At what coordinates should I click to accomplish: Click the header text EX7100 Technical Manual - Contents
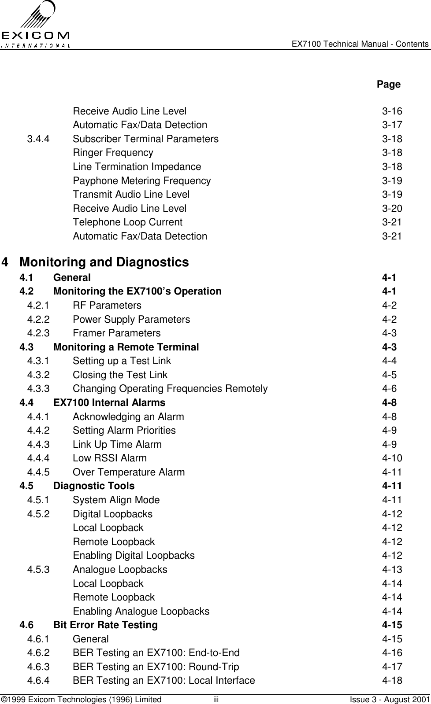(x=360, y=44)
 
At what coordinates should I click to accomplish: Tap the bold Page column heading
(x=388, y=84)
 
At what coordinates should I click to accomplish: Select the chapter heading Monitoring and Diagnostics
(x=104, y=262)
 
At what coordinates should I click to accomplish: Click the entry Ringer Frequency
(x=113, y=153)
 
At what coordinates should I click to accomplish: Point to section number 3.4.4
(x=38, y=139)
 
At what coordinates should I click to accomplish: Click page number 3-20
(x=391, y=209)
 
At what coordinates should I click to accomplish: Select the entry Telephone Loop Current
(x=127, y=222)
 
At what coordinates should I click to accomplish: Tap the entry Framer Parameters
(x=116, y=333)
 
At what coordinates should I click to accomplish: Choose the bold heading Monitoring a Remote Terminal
(x=126, y=347)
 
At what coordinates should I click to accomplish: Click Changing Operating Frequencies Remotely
(x=170, y=389)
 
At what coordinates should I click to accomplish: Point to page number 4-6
(x=389, y=389)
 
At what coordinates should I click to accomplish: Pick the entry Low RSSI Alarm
(x=109, y=458)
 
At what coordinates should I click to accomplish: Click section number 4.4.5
(x=38, y=472)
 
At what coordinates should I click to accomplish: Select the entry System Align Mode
(x=116, y=500)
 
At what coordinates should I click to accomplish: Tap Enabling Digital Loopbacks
(x=134, y=556)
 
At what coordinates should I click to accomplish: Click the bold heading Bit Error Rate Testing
(x=105, y=625)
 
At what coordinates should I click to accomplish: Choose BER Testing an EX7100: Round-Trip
(x=156, y=667)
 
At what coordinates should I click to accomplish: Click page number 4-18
(x=391, y=681)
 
